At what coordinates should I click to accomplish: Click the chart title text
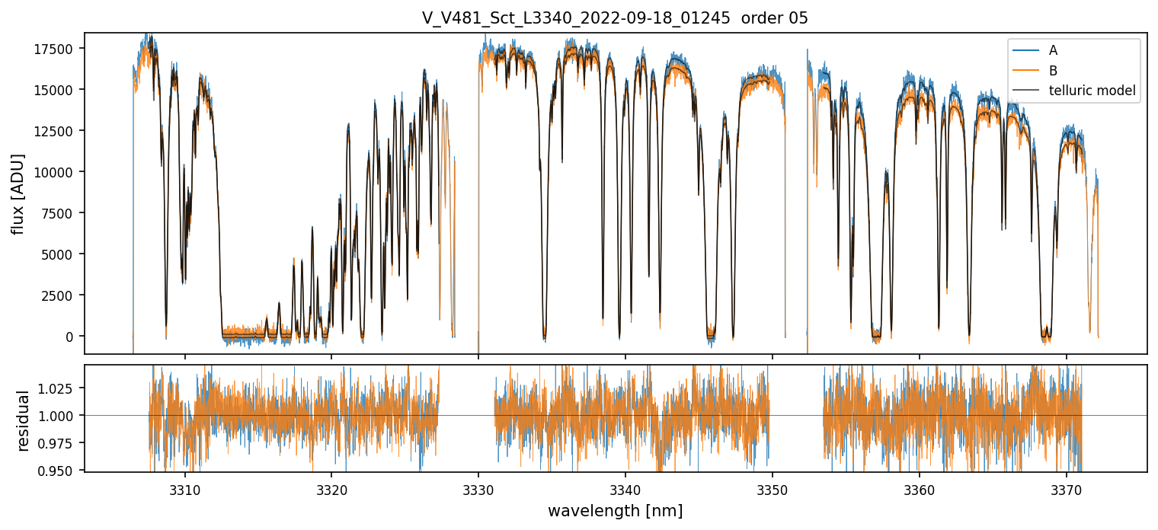point(615,18)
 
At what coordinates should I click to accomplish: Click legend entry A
point(1053,50)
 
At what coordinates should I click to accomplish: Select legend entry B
point(1053,71)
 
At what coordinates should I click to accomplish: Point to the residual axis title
point(23,420)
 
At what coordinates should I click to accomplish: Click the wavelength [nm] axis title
point(615,510)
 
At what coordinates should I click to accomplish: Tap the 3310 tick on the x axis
point(184,488)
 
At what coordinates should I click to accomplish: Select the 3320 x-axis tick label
point(331,488)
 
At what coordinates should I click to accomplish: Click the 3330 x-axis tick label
point(478,488)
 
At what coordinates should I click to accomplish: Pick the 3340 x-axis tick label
point(625,488)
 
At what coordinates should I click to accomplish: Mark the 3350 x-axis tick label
point(773,488)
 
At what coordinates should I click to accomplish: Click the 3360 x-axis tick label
point(920,488)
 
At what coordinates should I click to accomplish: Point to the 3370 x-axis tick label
point(1067,488)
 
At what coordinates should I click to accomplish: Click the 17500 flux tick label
point(59,49)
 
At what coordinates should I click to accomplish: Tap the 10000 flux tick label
point(59,172)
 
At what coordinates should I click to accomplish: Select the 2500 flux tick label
point(62,295)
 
